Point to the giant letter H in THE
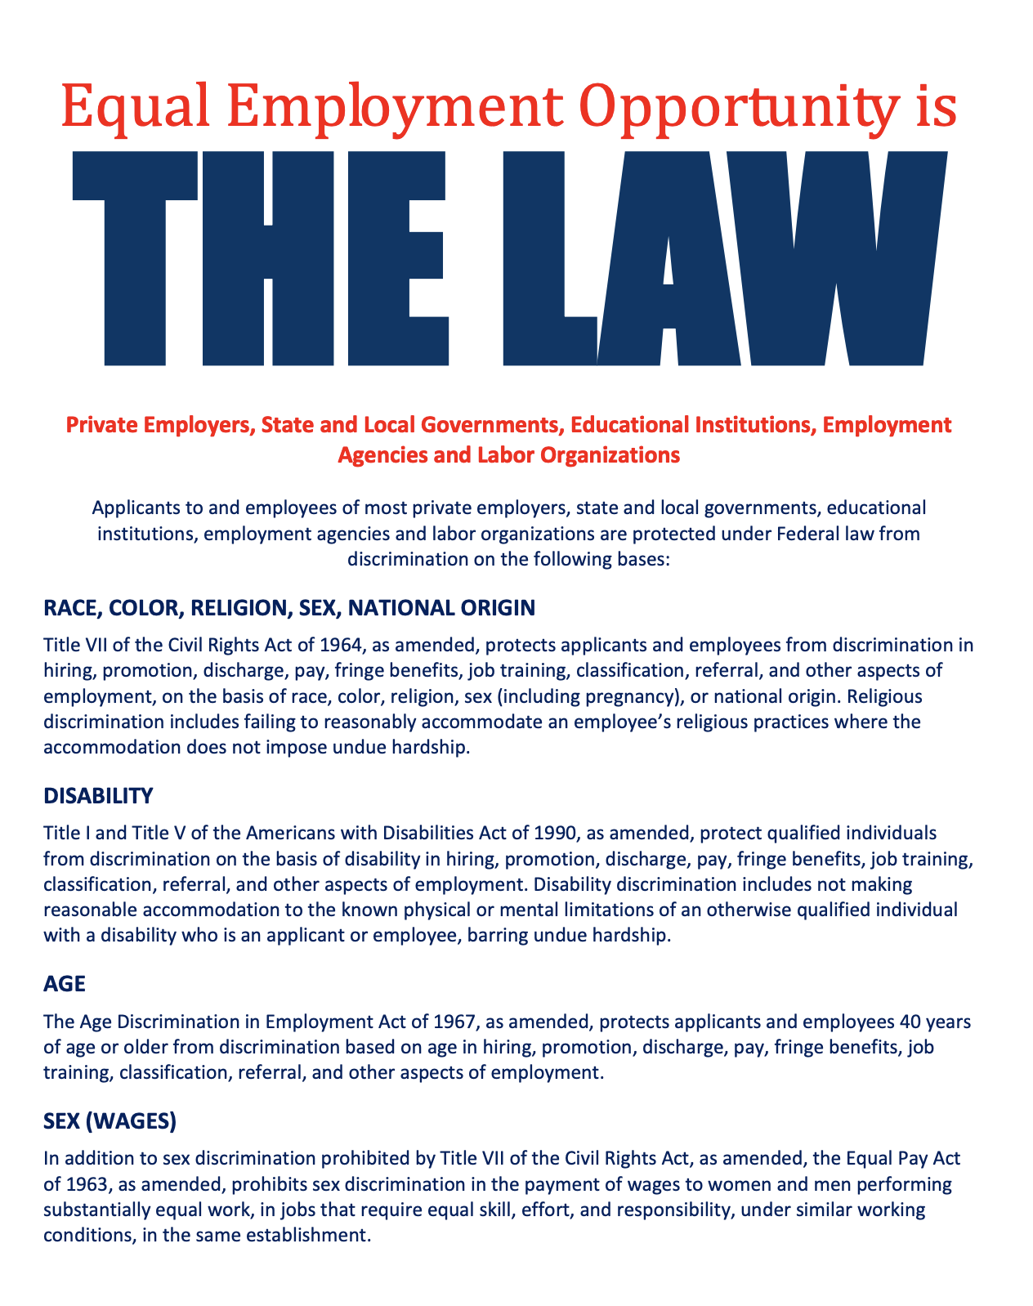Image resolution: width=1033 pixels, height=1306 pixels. tap(267, 257)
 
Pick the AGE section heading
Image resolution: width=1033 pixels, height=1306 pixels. tap(64, 983)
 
